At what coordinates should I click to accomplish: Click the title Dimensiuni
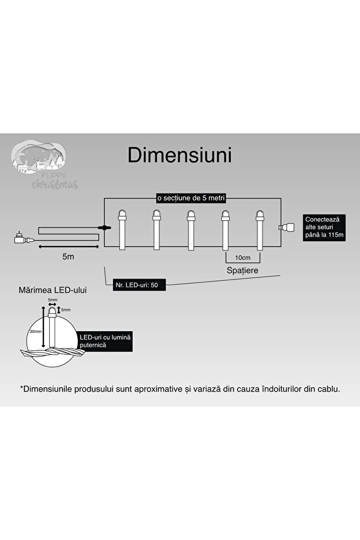point(180,155)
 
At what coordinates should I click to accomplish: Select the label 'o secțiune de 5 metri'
point(191,198)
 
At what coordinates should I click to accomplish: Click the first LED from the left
point(122,229)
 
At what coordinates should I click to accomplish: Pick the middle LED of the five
point(190,229)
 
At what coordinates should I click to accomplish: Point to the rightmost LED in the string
point(259,229)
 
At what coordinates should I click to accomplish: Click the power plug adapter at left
point(20,238)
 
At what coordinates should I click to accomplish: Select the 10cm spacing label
point(242,257)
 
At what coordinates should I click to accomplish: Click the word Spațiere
point(242,270)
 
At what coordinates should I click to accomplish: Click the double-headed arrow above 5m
point(68,247)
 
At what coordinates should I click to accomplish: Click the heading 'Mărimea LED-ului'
point(53,289)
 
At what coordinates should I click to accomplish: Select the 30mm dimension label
point(35,332)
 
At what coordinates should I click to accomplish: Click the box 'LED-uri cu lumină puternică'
point(105,341)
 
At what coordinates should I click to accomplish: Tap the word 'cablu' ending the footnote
point(327,389)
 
